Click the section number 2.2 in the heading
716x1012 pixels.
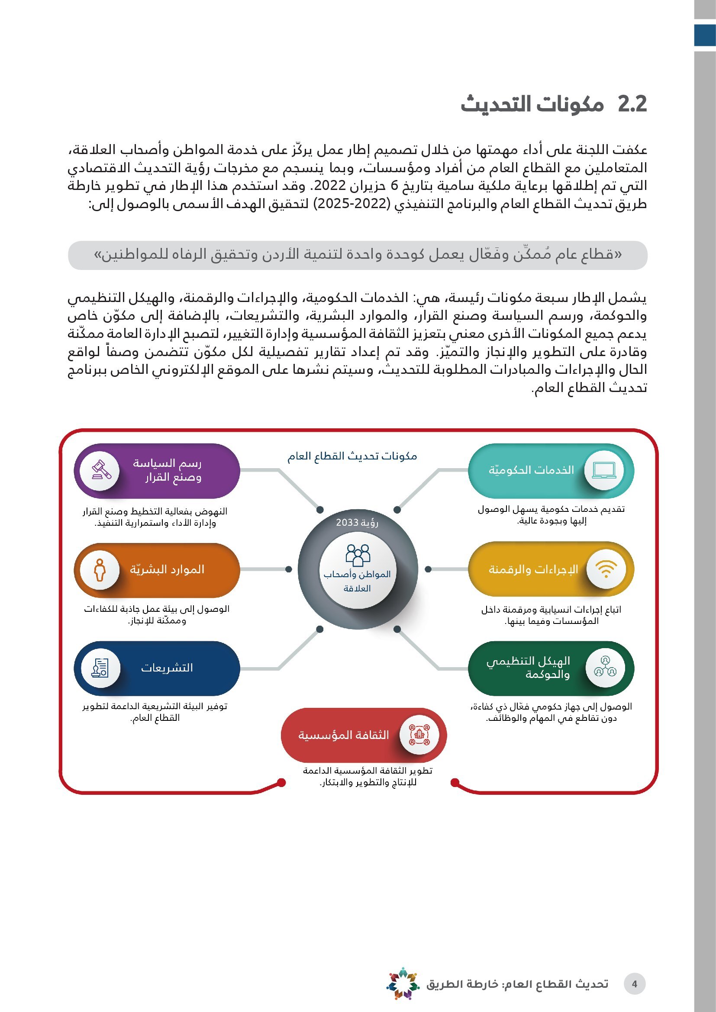(632, 104)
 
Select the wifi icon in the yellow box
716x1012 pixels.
(606, 569)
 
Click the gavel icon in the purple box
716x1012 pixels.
(101, 470)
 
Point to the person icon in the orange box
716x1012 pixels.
(100, 569)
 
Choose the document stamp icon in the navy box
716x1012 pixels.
(100, 668)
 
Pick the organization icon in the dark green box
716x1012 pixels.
(605, 668)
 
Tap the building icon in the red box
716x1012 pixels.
(419, 735)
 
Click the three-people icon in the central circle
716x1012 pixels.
(358, 555)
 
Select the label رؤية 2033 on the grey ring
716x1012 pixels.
(357, 522)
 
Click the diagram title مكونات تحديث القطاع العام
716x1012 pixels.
(352, 456)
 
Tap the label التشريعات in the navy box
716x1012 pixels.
(167, 668)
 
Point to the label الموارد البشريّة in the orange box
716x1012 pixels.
(167, 569)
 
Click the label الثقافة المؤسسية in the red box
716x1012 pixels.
(343, 735)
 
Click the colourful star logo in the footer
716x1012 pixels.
(403, 983)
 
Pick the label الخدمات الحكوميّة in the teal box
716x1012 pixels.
(531, 470)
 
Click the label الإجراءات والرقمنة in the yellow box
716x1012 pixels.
(533, 569)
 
